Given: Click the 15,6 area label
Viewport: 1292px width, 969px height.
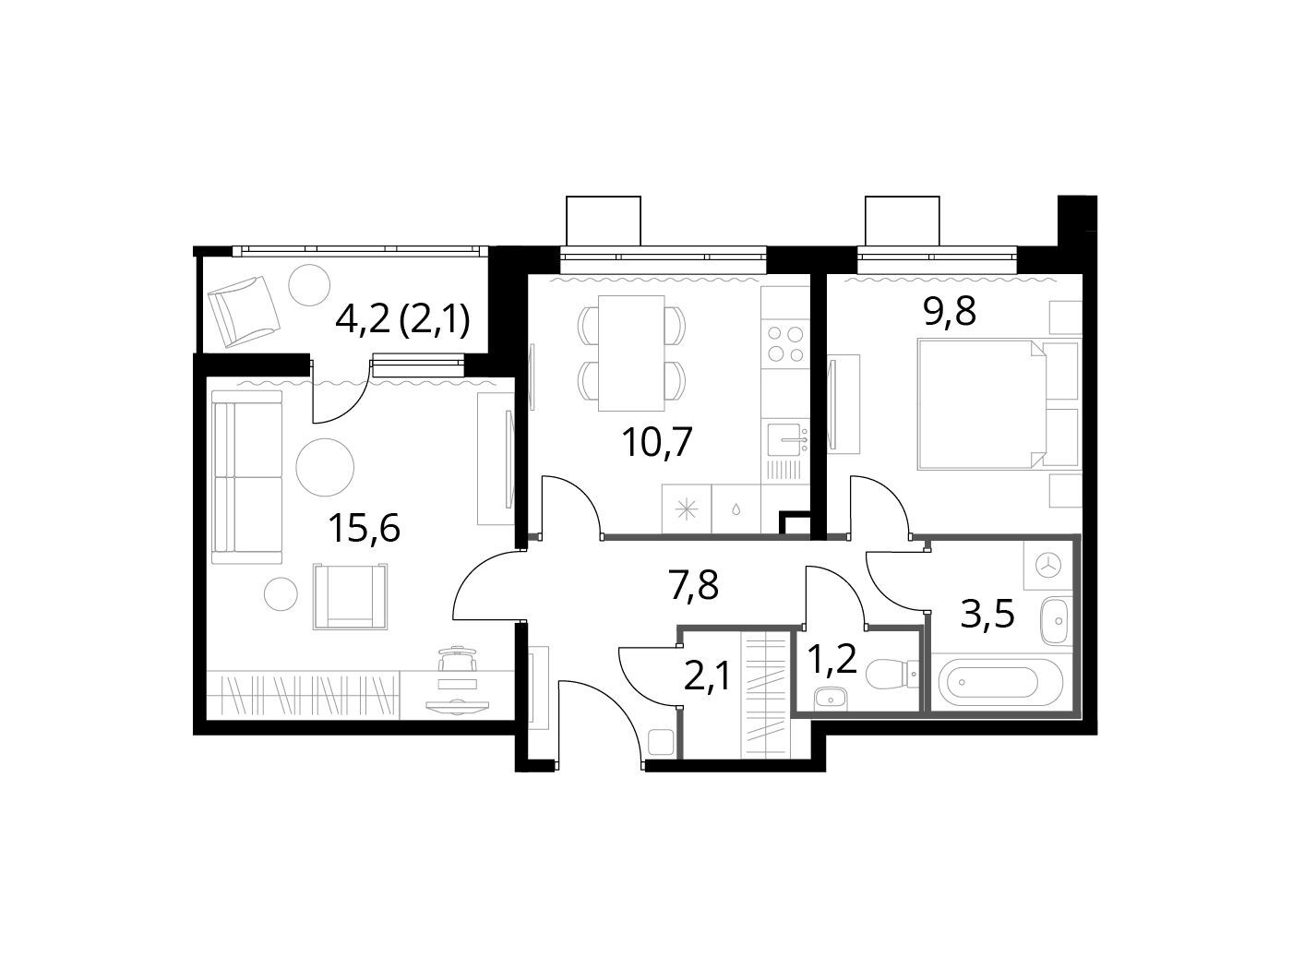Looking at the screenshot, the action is (x=365, y=528).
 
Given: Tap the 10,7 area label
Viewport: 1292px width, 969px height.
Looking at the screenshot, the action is (x=657, y=442).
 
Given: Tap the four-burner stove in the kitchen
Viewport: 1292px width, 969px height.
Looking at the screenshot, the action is (x=785, y=344).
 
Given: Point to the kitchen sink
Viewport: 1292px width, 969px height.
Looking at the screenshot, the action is (x=786, y=439).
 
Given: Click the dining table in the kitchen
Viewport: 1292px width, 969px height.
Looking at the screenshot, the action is (x=631, y=353).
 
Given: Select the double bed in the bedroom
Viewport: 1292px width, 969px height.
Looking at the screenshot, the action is (x=982, y=403).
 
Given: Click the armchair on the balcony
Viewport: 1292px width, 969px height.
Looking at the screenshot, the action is (x=245, y=312).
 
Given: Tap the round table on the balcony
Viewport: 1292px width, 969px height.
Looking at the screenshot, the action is (x=309, y=284).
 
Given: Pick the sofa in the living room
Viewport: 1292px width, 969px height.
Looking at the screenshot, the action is (x=246, y=477).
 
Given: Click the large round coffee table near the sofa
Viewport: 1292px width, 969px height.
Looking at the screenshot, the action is (x=325, y=468).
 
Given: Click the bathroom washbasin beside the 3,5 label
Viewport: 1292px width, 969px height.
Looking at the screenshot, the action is (x=1058, y=621).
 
